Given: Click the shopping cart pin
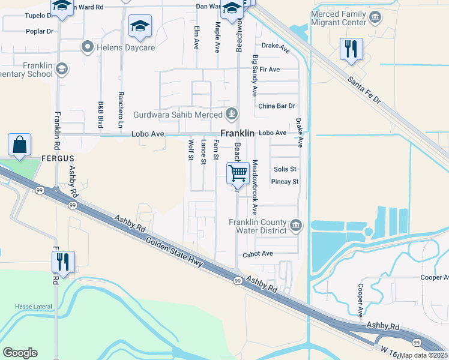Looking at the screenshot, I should [x=238, y=174].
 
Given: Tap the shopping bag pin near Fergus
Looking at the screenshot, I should [x=20, y=145].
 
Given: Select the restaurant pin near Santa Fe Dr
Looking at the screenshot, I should [x=351, y=49].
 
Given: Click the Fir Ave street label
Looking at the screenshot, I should [x=270, y=70].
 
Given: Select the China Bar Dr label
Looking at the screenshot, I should [x=277, y=106].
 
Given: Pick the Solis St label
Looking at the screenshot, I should [x=285, y=169].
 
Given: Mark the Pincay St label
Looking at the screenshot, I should [x=285, y=181].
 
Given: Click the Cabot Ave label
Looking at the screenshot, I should [x=258, y=254].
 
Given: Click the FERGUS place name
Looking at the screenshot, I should [x=58, y=158].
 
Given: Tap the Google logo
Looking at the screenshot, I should [x=20, y=353].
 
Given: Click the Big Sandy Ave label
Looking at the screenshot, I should [x=255, y=76].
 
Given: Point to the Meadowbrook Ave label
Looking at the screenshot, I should [x=255, y=187].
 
